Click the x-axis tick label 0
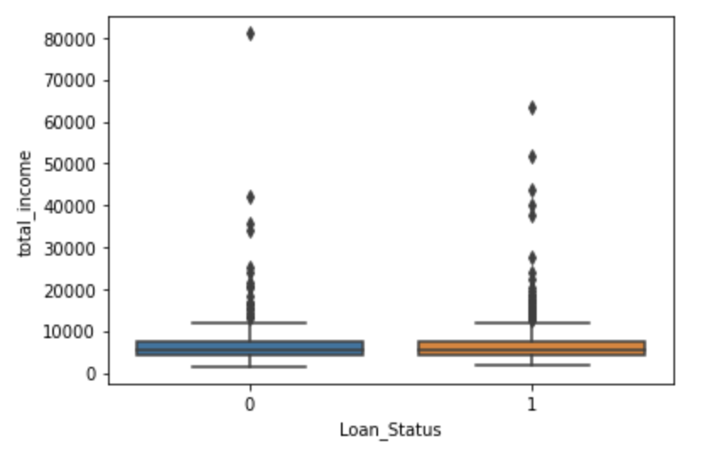pos(250,405)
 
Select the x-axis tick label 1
pos(532,405)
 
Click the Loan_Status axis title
pos(390,430)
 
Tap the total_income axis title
pos(25,204)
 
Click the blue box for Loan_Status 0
pos(250,348)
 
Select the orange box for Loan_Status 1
pos(532,348)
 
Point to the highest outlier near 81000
pos(250,34)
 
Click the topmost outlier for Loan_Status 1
pos(532,108)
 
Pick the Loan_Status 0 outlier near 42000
pos(250,197)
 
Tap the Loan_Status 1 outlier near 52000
pos(532,157)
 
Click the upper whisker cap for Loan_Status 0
pos(250,322)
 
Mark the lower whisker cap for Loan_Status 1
pos(532,365)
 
